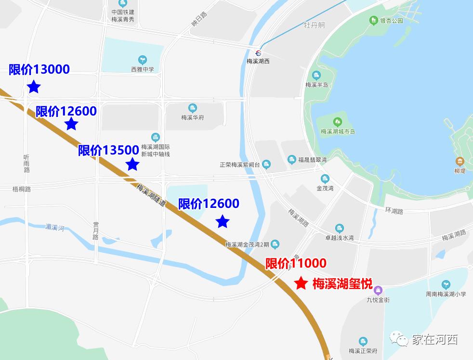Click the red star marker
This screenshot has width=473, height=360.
[x=301, y=283]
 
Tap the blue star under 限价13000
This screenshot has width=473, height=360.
[x=34, y=87]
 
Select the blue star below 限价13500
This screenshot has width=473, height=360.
[x=132, y=164]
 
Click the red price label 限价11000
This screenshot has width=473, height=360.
[x=296, y=263]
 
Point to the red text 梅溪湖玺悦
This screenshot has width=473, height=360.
[x=342, y=283]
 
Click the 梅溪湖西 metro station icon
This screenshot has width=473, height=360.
[x=259, y=53]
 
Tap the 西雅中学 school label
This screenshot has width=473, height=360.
[x=143, y=69]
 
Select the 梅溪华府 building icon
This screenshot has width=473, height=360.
[x=193, y=108]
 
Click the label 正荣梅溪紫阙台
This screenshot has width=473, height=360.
[x=239, y=165]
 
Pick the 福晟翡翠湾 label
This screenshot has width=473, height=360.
[x=312, y=160]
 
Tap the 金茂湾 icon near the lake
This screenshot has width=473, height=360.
[x=325, y=179]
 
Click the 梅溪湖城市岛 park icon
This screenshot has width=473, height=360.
[x=338, y=122]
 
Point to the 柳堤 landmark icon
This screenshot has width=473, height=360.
[x=460, y=161]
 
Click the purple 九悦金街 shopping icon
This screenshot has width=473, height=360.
[x=378, y=290]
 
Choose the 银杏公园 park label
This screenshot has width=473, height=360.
[x=391, y=21]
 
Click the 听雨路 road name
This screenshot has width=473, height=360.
[x=26, y=164]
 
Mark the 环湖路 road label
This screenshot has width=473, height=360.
[x=394, y=211]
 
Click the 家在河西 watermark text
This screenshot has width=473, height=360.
[x=434, y=339]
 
